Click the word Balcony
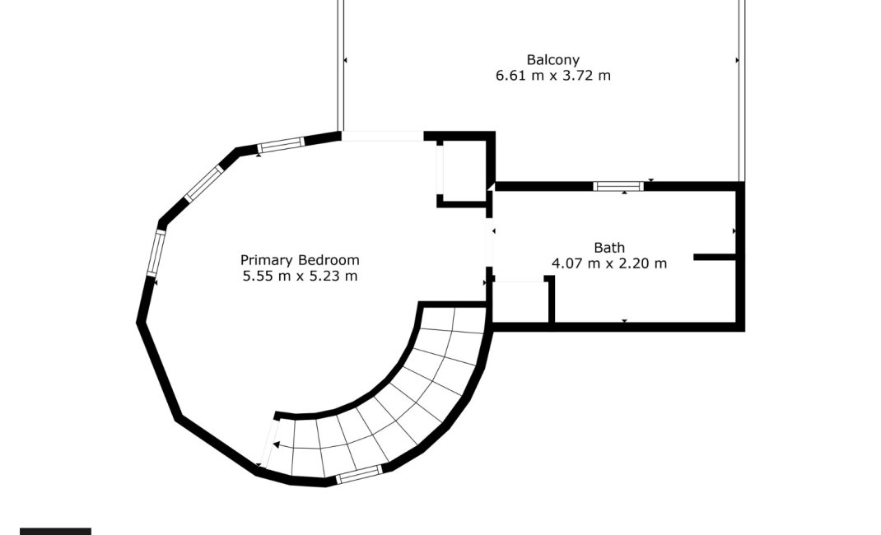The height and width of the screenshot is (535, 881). tap(552, 59)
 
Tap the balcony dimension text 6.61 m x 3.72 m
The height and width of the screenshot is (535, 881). tap(552, 75)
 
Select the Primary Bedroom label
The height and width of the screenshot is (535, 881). tap(300, 260)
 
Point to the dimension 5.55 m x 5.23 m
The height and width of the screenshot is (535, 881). tap(300, 277)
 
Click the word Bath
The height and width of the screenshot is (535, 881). tap(609, 248)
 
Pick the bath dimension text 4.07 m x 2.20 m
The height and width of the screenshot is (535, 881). tap(609, 263)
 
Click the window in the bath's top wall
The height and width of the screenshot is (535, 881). tap(618, 186)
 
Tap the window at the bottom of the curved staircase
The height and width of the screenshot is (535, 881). tap(360, 474)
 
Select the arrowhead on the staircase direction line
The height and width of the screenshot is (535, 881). tap(276, 445)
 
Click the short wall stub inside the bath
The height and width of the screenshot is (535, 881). tap(715, 257)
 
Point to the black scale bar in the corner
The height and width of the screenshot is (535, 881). tap(55, 531)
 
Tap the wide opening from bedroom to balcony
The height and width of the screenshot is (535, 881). tap(383, 136)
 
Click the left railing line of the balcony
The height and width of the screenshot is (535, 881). tap(341, 65)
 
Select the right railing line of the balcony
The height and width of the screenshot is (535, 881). tap(742, 91)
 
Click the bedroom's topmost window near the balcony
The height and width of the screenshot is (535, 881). tap(281, 145)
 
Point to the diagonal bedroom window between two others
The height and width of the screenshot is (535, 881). tap(204, 183)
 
